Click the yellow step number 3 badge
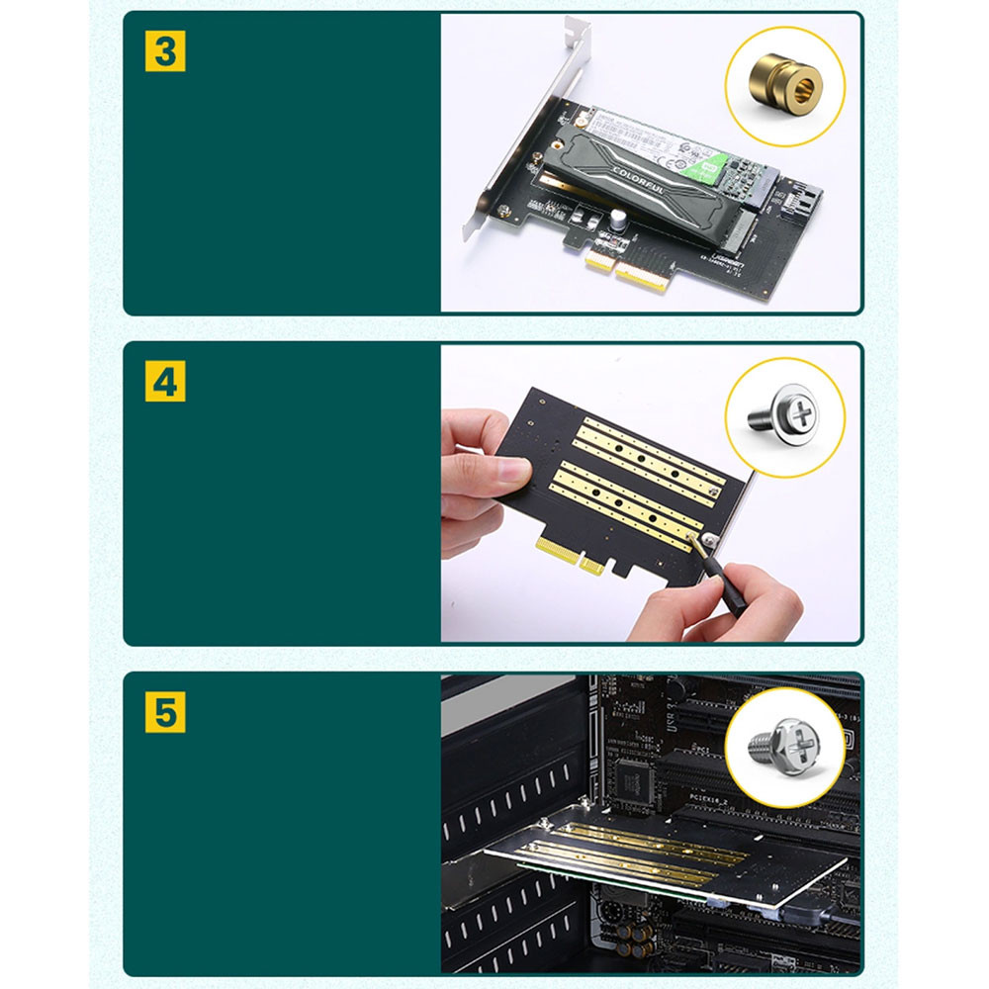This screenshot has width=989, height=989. coord(165,51)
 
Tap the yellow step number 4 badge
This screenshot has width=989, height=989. coord(165,382)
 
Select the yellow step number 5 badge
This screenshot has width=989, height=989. coord(165,711)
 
